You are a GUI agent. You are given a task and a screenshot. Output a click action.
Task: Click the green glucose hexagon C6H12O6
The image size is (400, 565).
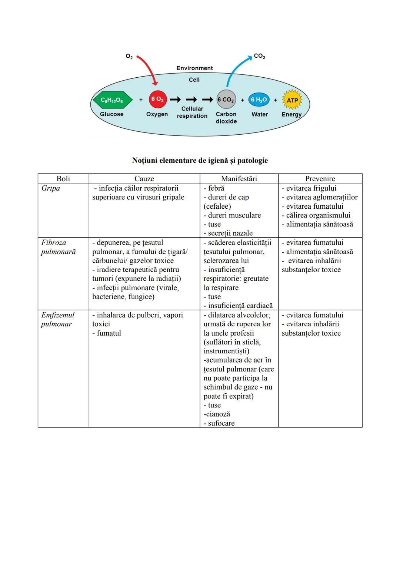tap(112, 100)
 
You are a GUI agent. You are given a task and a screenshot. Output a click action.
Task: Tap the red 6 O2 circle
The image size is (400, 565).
tap(158, 99)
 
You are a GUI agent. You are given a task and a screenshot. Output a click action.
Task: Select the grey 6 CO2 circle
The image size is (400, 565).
tap(226, 100)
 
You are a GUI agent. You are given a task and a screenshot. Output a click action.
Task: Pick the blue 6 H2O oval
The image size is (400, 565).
tap(259, 100)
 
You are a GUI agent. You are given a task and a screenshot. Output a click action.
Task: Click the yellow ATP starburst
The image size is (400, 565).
tap(292, 100)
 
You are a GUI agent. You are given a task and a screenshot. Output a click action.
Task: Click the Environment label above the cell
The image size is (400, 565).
tap(194, 68)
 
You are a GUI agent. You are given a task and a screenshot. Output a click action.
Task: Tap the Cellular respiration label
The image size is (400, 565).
tap(192, 112)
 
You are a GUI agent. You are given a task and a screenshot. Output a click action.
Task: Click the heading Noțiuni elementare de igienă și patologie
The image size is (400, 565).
tap(200, 160)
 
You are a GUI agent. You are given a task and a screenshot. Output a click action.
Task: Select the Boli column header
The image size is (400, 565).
tap(63, 178)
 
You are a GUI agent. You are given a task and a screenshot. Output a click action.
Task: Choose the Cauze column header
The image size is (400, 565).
tap(144, 178)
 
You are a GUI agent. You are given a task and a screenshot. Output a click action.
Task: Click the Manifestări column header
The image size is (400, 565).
tap(239, 178)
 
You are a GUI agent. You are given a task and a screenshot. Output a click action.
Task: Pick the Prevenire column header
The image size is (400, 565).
tap(320, 178)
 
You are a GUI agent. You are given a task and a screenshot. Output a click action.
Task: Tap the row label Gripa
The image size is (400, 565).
tap(51, 188)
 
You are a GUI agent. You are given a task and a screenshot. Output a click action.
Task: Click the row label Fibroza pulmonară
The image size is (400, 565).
tap(58, 247)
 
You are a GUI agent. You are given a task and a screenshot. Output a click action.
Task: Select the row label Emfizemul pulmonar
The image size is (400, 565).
tap(57, 319)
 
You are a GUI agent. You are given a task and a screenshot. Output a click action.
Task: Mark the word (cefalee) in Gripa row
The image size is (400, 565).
tap(217, 206)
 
